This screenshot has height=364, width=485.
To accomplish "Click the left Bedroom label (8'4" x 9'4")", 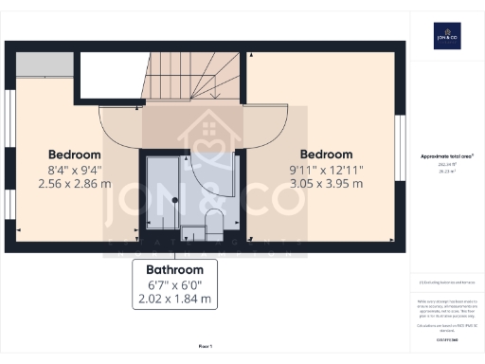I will tap(75, 155).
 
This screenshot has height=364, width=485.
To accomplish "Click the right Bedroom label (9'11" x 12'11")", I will tap(326, 155).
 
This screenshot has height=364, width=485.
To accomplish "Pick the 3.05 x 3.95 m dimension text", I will tap(326, 183).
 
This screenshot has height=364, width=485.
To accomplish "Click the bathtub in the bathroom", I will tap(162, 193).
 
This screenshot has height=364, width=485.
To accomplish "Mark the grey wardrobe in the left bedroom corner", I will tap(44, 64).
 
